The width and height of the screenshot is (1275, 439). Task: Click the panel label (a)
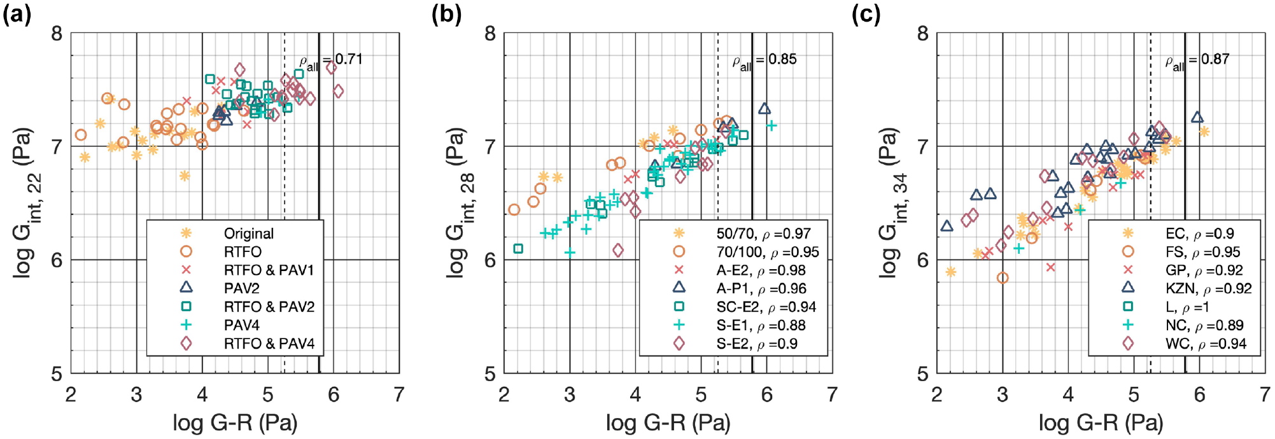point(17,14)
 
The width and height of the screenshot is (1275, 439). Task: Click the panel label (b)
point(446,14)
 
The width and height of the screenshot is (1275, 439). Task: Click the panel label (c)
point(866,14)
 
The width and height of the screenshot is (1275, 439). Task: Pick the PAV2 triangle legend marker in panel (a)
point(186,288)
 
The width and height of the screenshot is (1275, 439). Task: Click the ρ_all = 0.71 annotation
point(331,61)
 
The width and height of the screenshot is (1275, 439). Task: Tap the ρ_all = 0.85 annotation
point(764,61)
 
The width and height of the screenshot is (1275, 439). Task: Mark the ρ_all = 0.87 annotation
point(1197,61)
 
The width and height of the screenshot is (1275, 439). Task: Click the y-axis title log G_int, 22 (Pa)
point(25,203)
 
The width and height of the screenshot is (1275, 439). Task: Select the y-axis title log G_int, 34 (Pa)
point(891,203)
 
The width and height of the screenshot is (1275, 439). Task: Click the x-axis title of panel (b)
point(668,422)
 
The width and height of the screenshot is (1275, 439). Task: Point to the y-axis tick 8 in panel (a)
point(57,33)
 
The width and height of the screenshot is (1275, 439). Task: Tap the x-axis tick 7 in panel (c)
point(1265,394)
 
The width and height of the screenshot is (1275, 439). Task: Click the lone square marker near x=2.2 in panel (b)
point(518,249)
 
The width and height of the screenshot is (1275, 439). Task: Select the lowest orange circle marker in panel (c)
point(1003,277)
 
